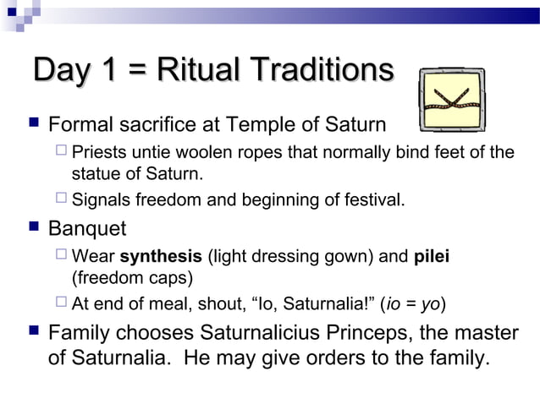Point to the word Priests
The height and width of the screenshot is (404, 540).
98,153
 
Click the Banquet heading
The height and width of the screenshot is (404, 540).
87,228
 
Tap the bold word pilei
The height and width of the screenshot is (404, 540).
431,255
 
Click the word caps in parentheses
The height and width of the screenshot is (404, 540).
176,277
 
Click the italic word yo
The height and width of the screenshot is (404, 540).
433,303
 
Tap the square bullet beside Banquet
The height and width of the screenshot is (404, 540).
30,229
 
